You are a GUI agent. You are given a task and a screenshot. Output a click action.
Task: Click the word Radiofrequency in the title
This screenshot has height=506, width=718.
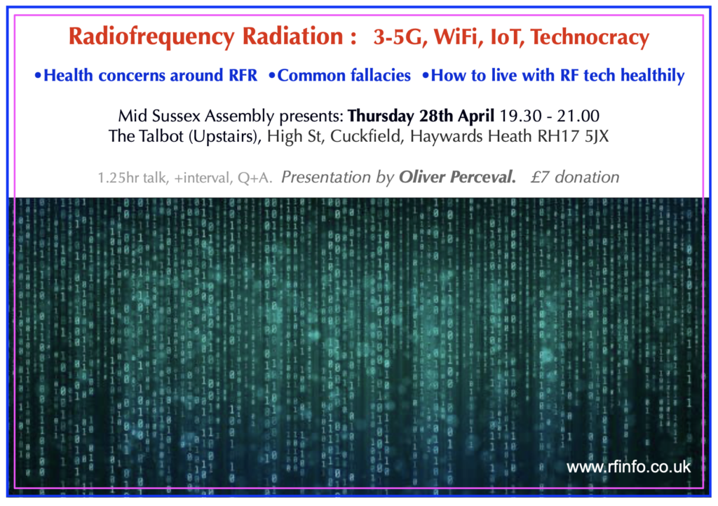point(151,37)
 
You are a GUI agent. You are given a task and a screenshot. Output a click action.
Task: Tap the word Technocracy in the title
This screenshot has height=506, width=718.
point(590,36)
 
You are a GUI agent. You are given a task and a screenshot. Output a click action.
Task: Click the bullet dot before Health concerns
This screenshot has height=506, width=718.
point(38,76)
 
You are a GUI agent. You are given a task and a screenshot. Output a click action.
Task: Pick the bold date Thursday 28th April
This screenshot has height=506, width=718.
point(421,116)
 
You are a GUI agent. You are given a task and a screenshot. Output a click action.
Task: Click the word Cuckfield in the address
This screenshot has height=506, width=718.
point(367,136)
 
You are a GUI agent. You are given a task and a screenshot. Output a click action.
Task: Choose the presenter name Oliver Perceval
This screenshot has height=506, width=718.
point(457,177)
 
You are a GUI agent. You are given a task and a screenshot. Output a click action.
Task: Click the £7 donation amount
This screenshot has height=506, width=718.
point(575,177)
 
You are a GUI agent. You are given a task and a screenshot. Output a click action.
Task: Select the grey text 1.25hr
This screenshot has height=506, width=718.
point(118,178)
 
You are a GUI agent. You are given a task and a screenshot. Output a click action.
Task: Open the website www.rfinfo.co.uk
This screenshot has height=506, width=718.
point(629,467)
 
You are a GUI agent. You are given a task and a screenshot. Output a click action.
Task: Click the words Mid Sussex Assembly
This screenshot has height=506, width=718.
point(196,116)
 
